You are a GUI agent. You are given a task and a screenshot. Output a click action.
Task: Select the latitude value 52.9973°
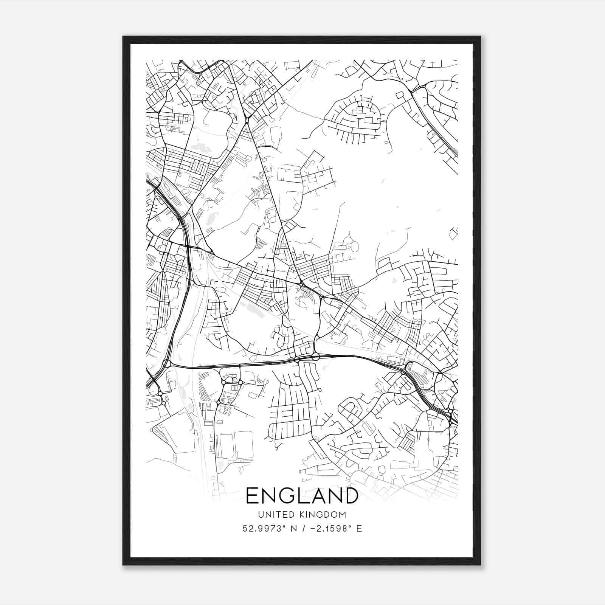pos(263,529)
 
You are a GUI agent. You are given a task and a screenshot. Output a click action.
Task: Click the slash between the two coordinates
pos(301,529)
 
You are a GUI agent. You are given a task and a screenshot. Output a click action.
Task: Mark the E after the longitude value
pos(359,529)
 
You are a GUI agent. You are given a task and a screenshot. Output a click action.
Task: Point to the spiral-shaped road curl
pos(234,379)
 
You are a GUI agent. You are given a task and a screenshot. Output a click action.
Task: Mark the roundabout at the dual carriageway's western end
pos(166,364)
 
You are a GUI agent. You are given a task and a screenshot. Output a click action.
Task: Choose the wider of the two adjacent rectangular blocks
pos(244,446)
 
